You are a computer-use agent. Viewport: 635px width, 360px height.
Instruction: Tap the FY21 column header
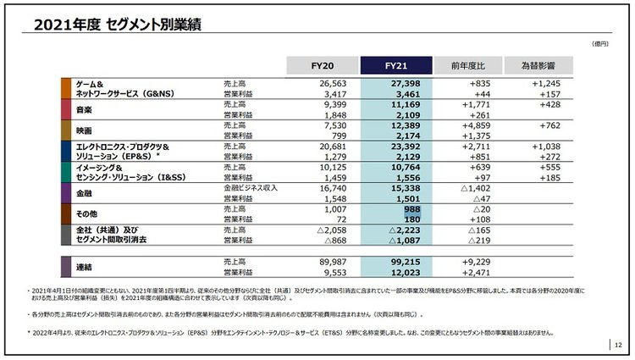395,65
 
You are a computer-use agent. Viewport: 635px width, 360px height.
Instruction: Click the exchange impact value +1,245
551,84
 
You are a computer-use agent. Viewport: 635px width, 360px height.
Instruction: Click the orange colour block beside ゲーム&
66,89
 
